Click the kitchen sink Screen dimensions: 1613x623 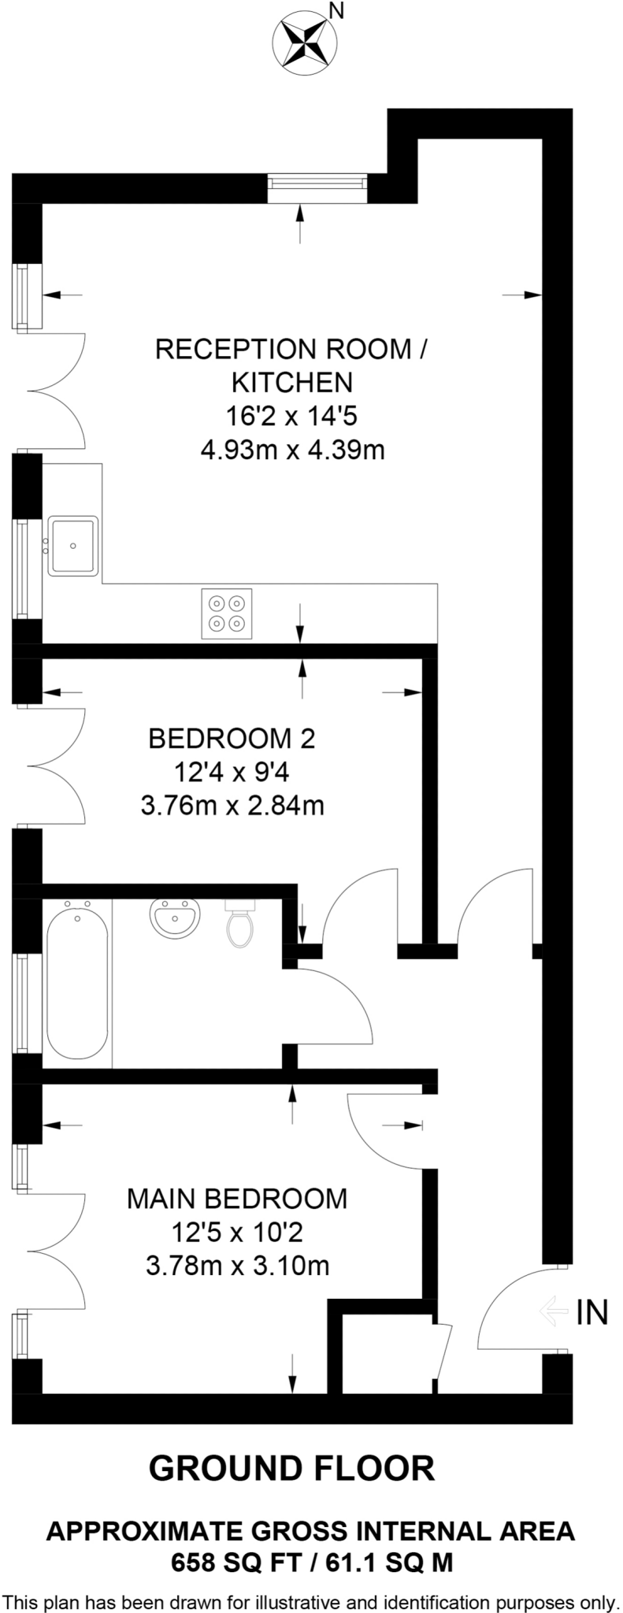73,545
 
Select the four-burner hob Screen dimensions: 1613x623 227,614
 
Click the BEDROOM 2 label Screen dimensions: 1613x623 232,739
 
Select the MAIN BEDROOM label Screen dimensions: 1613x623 237,1199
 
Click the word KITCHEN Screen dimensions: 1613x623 291,383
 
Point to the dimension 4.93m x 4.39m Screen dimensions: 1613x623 292,451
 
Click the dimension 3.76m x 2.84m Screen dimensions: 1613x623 232,806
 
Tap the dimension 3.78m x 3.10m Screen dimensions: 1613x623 238,1266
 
